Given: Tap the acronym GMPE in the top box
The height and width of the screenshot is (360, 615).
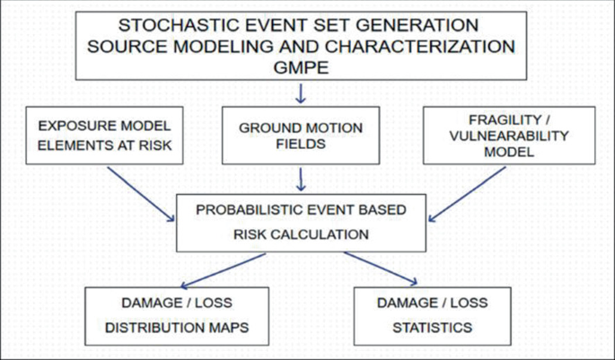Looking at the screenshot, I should [303, 65].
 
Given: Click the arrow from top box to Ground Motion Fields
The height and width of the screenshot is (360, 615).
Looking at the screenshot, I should [302, 92].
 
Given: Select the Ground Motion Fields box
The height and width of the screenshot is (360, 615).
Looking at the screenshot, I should [302, 136].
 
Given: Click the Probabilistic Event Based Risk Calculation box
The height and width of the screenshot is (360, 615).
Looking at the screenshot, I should [302, 221].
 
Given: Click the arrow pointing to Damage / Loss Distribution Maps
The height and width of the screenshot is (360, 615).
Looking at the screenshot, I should [225, 268].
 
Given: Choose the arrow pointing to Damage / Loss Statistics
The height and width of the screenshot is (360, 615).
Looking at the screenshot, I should [382, 268].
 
